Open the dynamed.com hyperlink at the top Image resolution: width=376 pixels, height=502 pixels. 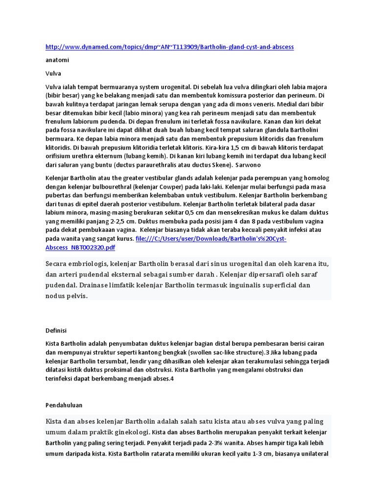coord(169,47)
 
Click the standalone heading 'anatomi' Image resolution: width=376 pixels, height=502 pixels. coord(57,60)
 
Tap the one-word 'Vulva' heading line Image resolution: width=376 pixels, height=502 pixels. coord(53,74)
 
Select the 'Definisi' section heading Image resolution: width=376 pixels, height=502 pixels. coord(56,331)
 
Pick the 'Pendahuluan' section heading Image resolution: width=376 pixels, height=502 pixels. coord(64,405)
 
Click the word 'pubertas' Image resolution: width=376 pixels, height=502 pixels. coord(59,195)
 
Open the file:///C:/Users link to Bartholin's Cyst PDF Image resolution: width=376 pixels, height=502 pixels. coord(211,239)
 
